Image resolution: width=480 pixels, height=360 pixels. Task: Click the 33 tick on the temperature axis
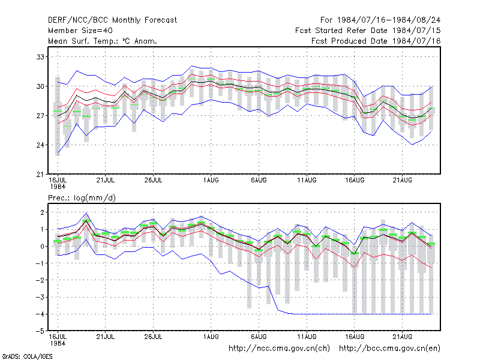[x=40, y=57]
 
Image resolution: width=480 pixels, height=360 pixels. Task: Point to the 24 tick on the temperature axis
[x=40, y=145]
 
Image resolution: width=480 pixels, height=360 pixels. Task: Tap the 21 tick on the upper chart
[x=40, y=174]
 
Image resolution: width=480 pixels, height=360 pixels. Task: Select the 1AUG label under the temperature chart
[x=211, y=180]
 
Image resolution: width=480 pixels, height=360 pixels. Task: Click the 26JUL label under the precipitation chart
[x=153, y=337]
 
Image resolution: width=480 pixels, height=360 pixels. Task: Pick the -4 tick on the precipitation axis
[x=40, y=314]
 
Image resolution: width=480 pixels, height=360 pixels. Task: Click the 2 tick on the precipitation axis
[x=42, y=212]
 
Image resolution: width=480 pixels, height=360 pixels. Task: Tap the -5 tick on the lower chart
[x=40, y=331]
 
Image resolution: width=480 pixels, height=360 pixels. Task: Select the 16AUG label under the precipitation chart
[x=355, y=337]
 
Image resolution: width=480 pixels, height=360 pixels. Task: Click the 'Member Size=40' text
[x=80, y=31]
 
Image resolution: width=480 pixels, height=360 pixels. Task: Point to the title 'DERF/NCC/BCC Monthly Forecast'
[x=112, y=20]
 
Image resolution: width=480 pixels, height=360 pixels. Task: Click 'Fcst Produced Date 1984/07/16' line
[x=376, y=41]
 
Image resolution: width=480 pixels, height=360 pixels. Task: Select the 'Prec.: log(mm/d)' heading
[x=82, y=198]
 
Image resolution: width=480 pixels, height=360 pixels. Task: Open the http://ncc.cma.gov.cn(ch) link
[x=279, y=349]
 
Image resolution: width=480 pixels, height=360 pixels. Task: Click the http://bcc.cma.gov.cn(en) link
[x=389, y=349]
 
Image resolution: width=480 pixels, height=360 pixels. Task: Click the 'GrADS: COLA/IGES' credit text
[x=27, y=356]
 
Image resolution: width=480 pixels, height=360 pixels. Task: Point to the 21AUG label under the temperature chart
[x=403, y=180]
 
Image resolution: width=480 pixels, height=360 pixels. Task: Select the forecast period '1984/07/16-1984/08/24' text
[x=389, y=20]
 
